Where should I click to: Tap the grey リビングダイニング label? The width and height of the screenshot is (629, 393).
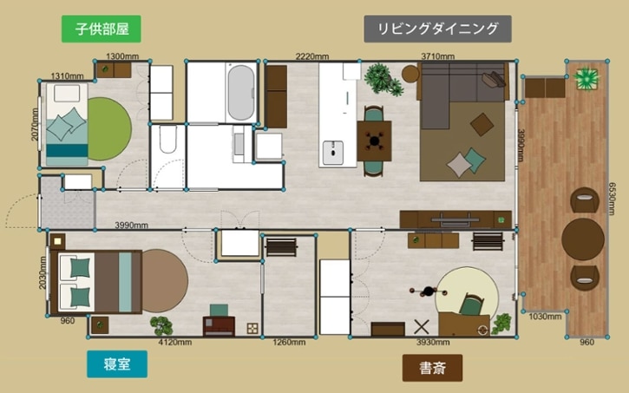click(x=437, y=28)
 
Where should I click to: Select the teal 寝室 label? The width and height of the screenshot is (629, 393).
click(x=114, y=364)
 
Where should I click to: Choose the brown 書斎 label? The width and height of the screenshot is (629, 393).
click(x=432, y=367)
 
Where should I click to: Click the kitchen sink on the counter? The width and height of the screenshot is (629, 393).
click(x=332, y=153)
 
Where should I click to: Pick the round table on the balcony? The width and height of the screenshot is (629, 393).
click(x=582, y=239)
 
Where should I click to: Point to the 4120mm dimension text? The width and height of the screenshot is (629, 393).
click(x=174, y=343)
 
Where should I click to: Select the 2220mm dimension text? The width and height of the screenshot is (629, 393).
click(x=311, y=56)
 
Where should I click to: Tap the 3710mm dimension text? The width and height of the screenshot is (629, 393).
click(x=437, y=56)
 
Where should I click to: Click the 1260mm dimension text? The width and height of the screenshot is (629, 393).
click(x=289, y=343)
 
